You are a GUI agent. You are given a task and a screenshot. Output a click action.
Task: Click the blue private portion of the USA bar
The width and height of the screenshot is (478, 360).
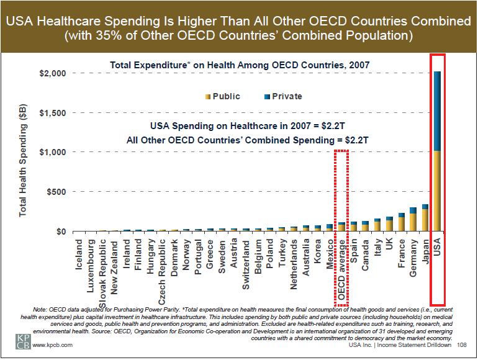437,112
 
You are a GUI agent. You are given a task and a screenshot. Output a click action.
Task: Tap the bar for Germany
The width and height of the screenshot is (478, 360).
413,220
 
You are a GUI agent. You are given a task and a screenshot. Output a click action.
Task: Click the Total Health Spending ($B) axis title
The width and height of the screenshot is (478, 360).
23,160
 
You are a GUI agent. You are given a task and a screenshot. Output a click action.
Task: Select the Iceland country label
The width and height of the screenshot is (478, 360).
79,255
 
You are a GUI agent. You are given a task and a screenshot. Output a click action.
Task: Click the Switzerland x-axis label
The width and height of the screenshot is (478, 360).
246,264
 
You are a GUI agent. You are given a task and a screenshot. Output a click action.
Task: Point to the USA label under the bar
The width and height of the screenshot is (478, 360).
437,250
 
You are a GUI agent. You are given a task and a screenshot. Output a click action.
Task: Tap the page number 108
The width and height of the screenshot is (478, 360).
461,345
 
